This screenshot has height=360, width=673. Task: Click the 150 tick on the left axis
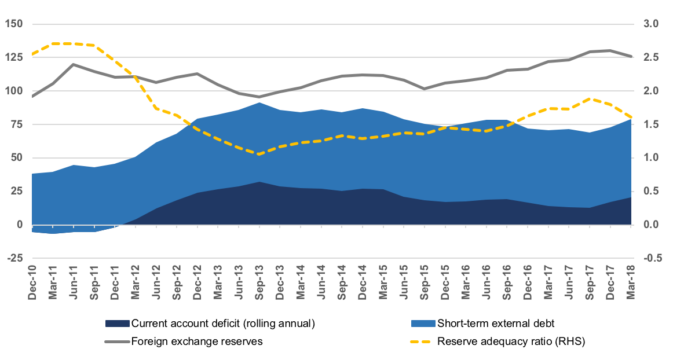[x=13, y=24]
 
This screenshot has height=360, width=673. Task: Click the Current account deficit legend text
[x=223, y=324]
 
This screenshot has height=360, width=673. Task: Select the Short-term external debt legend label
[x=496, y=324]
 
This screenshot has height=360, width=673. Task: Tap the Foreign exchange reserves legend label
[x=197, y=341]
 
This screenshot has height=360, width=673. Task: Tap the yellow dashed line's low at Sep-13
[x=259, y=154]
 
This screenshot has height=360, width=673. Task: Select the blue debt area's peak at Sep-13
[x=259, y=103]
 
